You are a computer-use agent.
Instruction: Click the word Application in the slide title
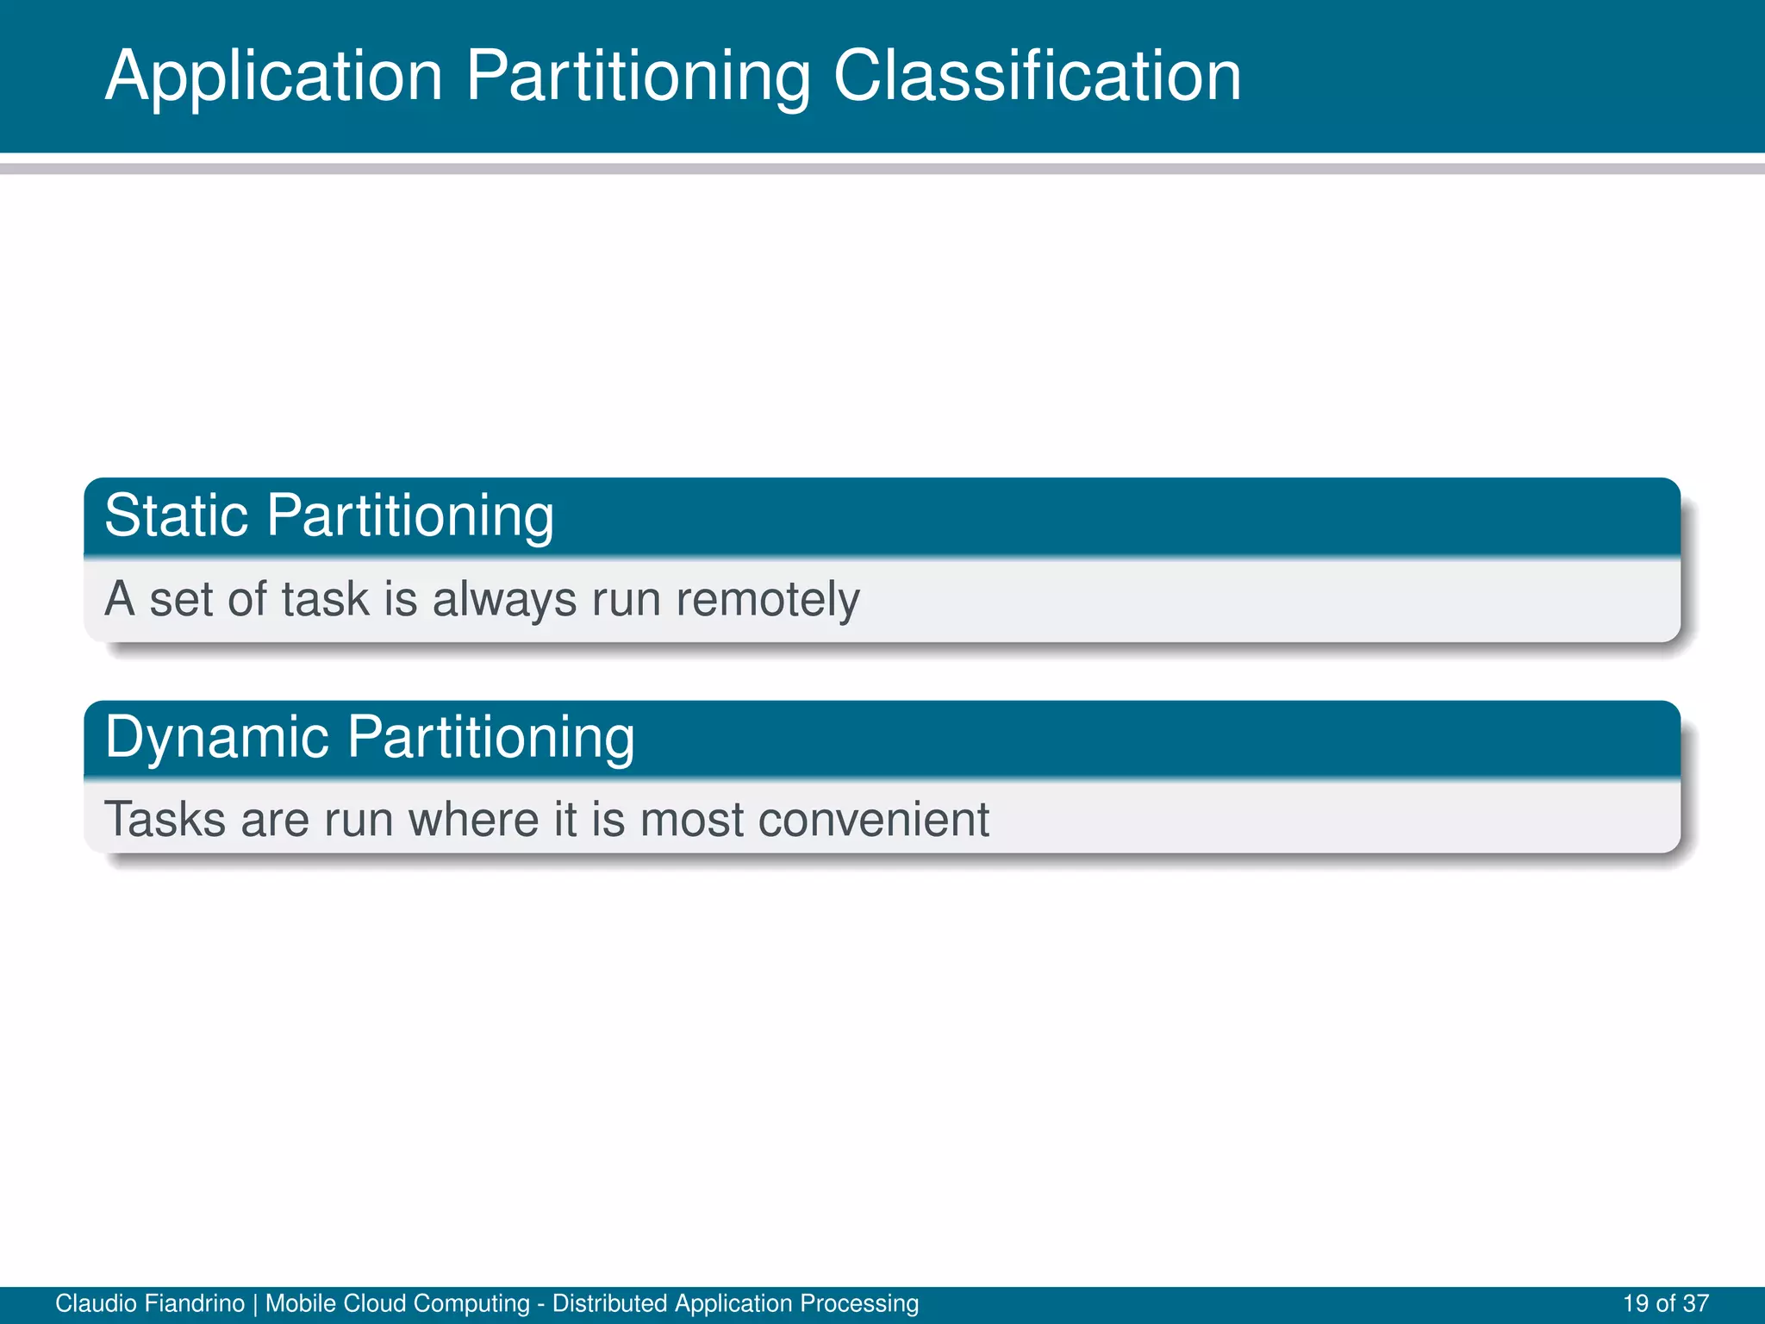click(274, 78)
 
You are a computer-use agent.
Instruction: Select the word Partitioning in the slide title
click(638, 78)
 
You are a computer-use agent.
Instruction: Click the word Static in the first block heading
click(177, 515)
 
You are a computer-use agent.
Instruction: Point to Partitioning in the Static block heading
click(410, 517)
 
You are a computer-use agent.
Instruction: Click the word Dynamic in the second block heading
click(217, 738)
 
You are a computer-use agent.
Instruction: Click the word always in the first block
click(504, 600)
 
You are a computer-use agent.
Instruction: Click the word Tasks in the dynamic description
click(165, 819)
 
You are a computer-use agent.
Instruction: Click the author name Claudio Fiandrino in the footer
click(150, 1303)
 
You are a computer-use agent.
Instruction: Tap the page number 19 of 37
click(1665, 1303)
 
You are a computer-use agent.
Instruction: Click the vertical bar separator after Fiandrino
click(255, 1303)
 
